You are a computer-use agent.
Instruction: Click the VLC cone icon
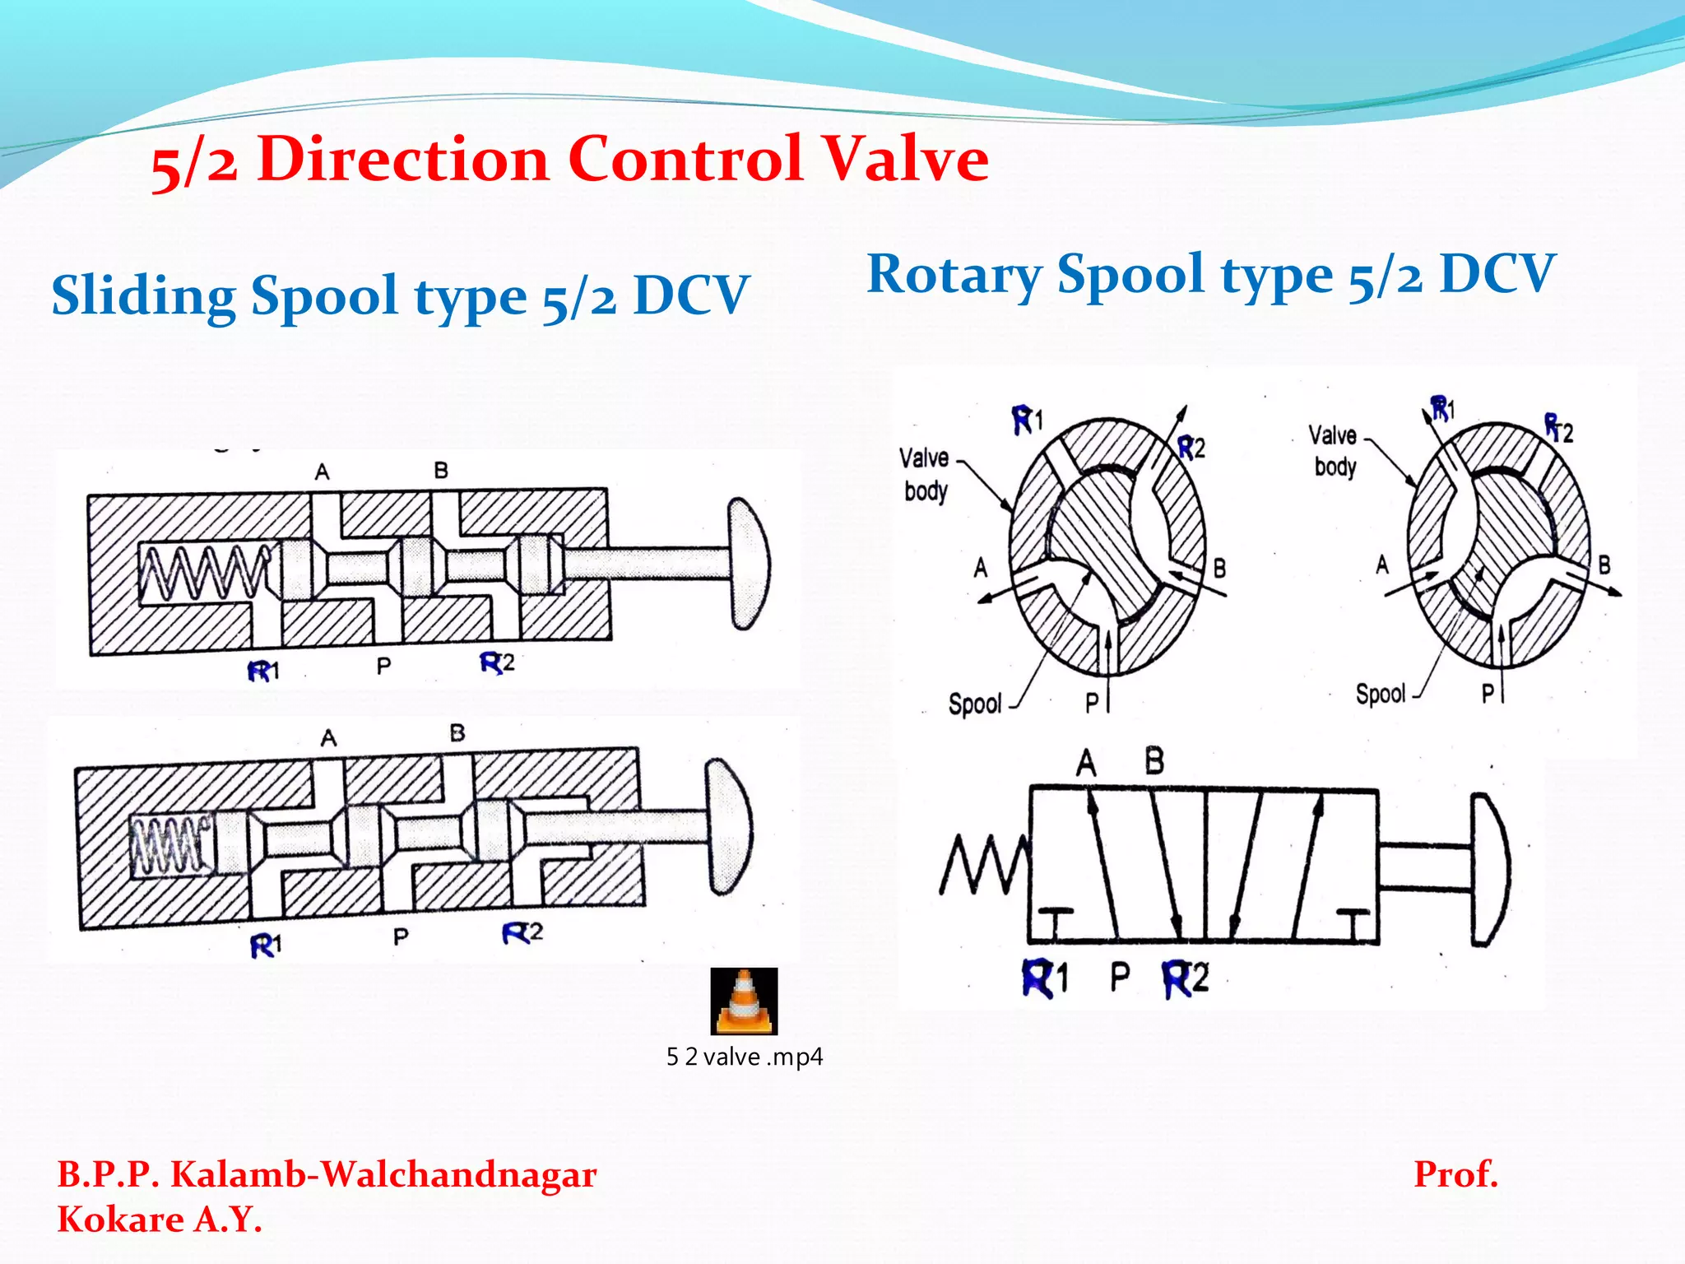point(744,1001)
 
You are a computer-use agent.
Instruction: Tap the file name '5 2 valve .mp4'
point(744,1057)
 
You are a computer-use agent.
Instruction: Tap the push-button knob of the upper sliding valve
point(749,564)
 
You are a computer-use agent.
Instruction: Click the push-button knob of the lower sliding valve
point(729,826)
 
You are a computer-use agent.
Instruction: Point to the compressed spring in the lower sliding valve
point(169,844)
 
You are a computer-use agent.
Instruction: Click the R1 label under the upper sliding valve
point(263,671)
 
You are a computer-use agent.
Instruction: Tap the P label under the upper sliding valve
point(383,666)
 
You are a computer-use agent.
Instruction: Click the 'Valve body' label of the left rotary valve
point(925,474)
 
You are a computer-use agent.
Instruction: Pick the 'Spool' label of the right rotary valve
point(1380,694)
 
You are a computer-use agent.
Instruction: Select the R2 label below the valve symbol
point(1186,979)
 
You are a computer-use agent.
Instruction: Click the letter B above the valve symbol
point(1154,761)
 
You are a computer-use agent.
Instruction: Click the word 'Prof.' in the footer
point(1455,1174)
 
